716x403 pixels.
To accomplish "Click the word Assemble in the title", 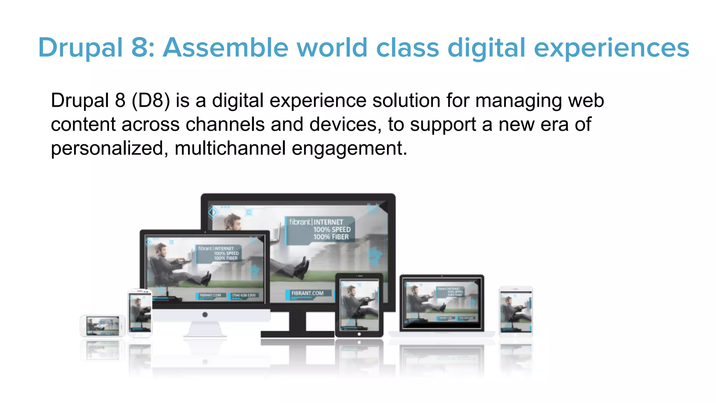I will click(225, 48).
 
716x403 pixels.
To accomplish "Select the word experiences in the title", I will click(611, 48).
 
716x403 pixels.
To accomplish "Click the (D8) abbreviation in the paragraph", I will click(151, 100).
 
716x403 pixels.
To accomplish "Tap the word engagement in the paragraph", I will click(349, 148).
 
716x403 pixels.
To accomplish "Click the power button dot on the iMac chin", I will click(205, 314).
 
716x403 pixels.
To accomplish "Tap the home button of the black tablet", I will click(359, 334).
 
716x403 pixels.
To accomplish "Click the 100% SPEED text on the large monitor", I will click(332, 229).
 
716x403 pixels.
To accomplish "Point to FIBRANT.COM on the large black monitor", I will click(307, 293).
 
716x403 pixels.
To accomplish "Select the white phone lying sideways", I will click(102, 326).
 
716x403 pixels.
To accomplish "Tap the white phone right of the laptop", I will click(516, 311).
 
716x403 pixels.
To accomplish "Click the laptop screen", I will click(442, 302).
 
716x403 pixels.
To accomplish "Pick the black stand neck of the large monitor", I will click(298, 321).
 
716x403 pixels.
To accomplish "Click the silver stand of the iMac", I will click(205, 330).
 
